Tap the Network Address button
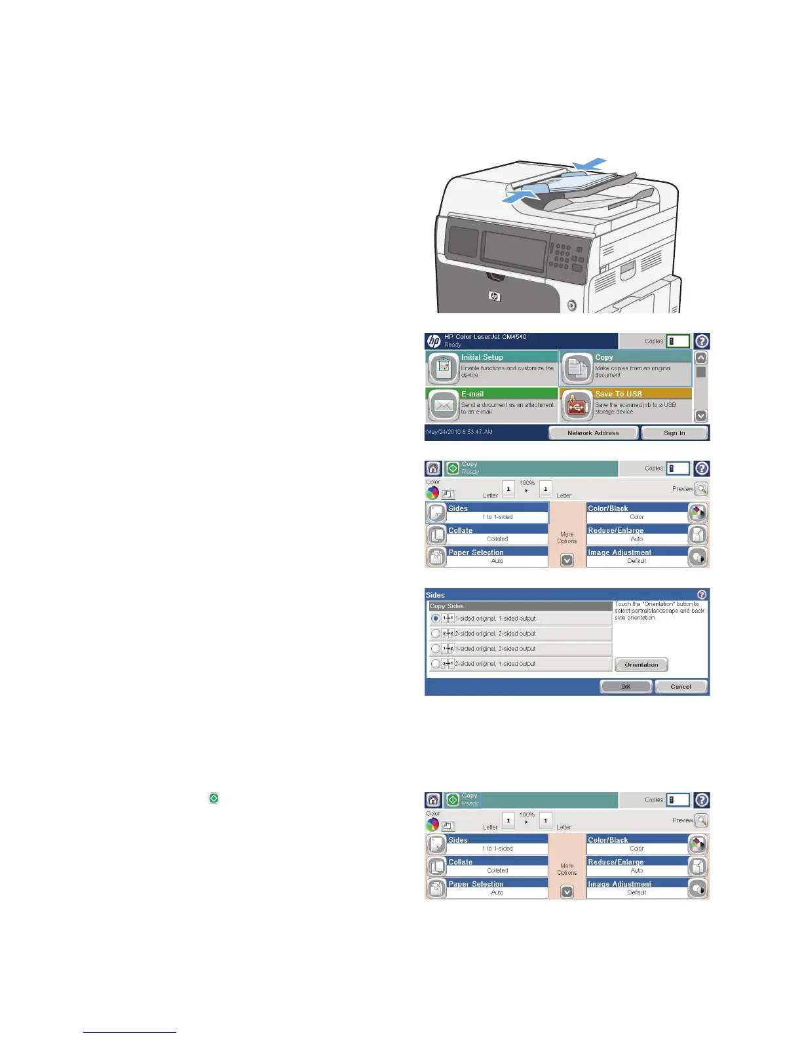click(x=593, y=432)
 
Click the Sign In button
click(x=674, y=432)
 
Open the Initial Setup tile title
click(x=482, y=357)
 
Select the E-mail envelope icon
click(x=443, y=406)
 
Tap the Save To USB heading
click(x=619, y=394)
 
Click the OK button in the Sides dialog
click(x=626, y=686)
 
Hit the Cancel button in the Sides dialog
click(x=681, y=686)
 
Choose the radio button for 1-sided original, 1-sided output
click(x=436, y=619)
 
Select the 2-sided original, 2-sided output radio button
click(x=436, y=634)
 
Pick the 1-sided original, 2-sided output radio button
click(x=436, y=649)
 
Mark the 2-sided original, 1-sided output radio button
click(x=436, y=664)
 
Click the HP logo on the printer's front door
click(x=495, y=297)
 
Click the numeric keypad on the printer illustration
click(x=560, y=256)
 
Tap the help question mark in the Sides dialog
click(x=702, y=594)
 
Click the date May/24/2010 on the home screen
click(x=459, y=432)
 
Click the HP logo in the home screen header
click(x=434, y=341)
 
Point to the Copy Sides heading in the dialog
click(x=447, y=606)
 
